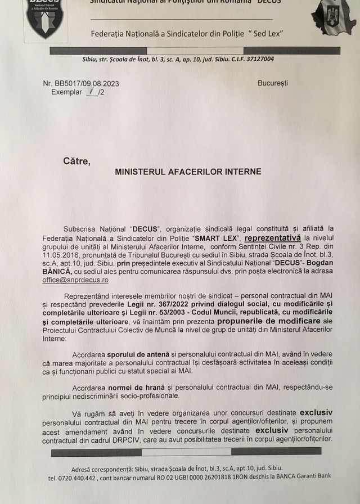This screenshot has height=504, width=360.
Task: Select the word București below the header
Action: [273, 83]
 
